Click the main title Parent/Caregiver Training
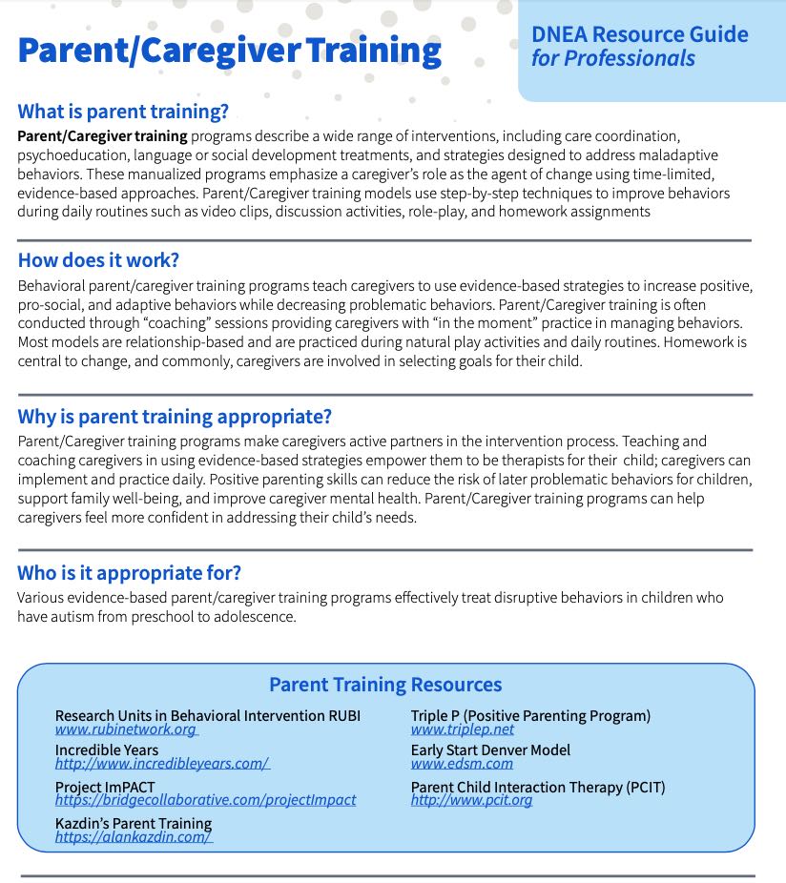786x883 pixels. coord(229,50)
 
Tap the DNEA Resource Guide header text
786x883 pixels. coord(639,35)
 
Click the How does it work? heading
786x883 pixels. coord(98,260)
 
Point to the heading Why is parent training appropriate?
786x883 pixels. coord(175,417)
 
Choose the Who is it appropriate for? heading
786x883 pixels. coord(129,572)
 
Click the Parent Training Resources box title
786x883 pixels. coord(385,685)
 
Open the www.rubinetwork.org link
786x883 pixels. coord(126,729)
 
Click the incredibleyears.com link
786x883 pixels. coord(162,764)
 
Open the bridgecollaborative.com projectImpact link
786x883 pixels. coord(205,800)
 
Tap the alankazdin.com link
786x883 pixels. coord(134,836)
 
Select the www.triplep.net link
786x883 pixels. coord(463,729)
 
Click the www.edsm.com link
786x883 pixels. coord(462,764)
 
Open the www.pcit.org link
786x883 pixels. coord(471,800)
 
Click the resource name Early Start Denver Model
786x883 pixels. coord(490,750)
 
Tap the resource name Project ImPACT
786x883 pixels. coord(98,787)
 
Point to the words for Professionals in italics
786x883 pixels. coord(612,59)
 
